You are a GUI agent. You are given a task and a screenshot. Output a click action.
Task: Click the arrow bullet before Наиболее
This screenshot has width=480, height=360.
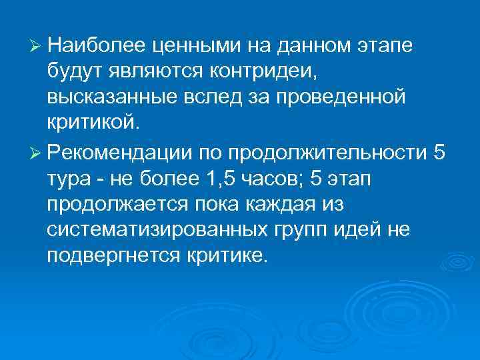pos(37,46)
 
